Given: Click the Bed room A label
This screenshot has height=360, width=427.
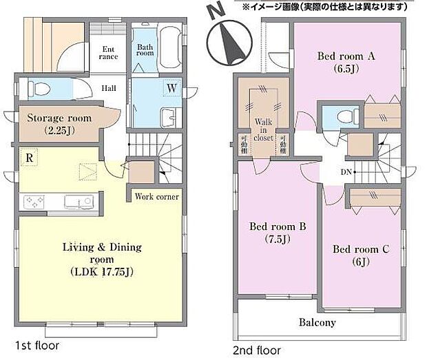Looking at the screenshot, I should (x=347, y=62).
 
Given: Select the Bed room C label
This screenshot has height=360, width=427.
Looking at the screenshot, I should (x=361, y=255).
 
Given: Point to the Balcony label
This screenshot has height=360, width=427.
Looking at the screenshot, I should (x=317, y=322).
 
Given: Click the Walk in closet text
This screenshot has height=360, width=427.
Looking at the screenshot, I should (x=262, y=129).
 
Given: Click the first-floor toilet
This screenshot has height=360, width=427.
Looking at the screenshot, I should (x=41, y=89).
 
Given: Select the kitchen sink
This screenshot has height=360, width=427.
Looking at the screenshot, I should (x=79, y=202).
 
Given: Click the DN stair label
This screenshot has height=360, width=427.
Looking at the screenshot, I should (x=346, y=172).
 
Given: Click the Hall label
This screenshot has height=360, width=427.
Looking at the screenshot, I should (x=110, y=88).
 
